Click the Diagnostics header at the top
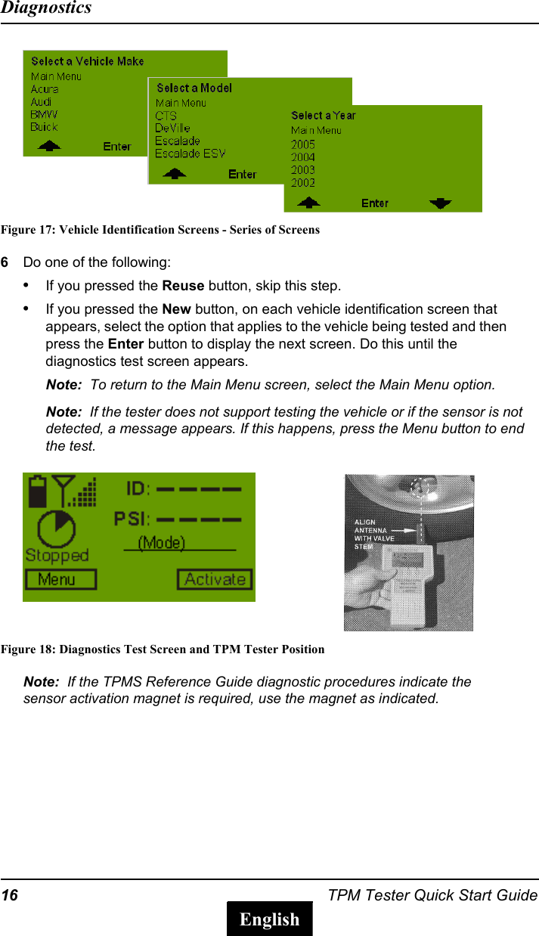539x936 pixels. tap(46, 8)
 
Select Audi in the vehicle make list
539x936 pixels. tap(41, 102)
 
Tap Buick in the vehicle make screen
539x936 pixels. tap(44, 127)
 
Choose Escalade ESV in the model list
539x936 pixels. tap(190, 153)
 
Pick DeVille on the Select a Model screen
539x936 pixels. tap(172, 129)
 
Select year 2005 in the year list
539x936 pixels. tap(303, 144)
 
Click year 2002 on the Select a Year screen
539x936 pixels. tap(303, 182)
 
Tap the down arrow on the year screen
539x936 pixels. tap(440, 203)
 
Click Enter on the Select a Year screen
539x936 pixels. tap(375, 203)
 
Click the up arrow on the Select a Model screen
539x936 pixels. tap(175, 174)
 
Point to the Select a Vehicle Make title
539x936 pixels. tap(87, 61)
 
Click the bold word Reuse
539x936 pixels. tap(183, 286)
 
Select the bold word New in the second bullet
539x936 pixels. tap(176, 309)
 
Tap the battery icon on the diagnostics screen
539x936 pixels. tap(36, 491)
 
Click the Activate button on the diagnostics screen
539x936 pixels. tap(215, 580)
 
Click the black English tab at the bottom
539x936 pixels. tap(269, 919)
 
